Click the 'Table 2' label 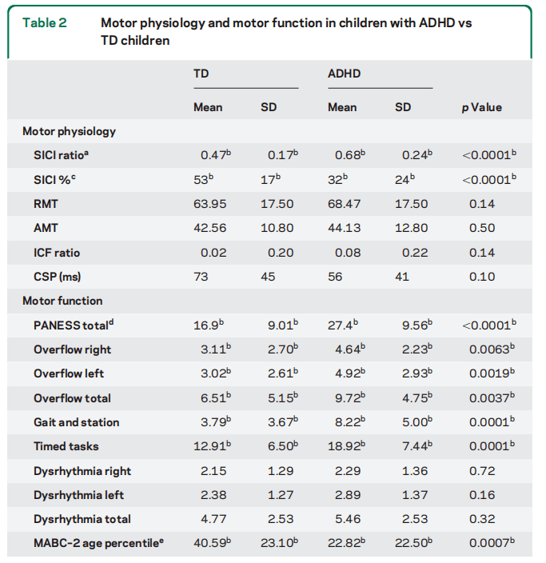point(45,22)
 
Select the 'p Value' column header point(482,107)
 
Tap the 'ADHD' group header point(345,74)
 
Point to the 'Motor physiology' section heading point(69,131)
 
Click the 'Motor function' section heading point(62,301)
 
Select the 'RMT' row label point(46,204)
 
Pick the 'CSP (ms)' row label point(58,277)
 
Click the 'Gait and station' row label point(77,422)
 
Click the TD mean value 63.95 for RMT point(210,204)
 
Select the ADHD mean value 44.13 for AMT point(345,228)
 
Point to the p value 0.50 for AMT point(482,228)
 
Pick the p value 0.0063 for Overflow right point(487,349)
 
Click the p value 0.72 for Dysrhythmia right point(482,471)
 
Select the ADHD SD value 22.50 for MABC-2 point(411,543)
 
